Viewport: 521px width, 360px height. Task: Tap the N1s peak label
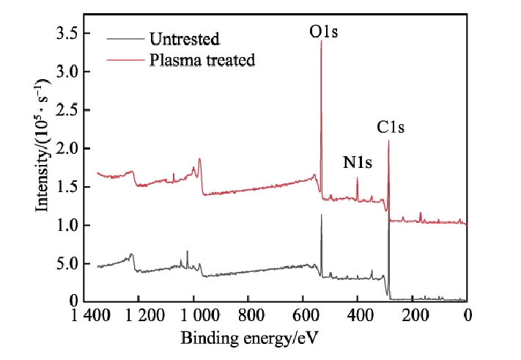point(358,164)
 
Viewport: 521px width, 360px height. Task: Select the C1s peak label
point(391,127)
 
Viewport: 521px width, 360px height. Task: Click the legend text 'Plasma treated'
point(202,59)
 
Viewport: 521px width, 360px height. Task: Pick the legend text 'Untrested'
point(184,37)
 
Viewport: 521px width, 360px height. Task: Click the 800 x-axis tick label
point(252,317)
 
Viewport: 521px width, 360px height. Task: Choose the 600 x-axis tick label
point(306,317)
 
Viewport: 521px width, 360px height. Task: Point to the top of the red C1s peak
point(388,141)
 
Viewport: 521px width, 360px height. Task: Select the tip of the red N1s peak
point(358,177)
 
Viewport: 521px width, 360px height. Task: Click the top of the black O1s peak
point(321,214)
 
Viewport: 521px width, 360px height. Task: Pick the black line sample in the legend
point(125,37)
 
